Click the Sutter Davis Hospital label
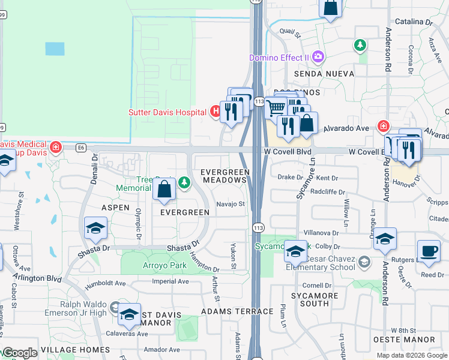(x=167, y=112)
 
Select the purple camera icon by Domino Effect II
(x=318, y=58)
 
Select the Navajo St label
(x=231, y=204)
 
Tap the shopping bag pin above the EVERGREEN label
(x=164, y=191)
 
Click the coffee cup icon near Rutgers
(x=429, y=251)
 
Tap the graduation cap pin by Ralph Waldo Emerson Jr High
(x=129, y=314)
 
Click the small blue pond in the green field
(x=55, y=49)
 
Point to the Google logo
(x=20, y=353)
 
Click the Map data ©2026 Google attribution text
(x=411, y=355)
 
